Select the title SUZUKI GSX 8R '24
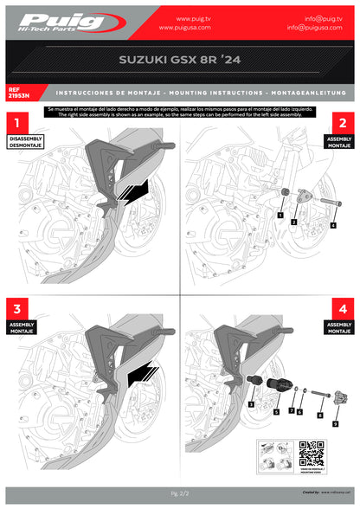click(180, 62)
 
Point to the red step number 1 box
click(18, 124)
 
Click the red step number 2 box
click(342, 124)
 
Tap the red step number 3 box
click(18, 309)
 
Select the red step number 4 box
click(342, 309)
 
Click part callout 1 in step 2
click(280, 212)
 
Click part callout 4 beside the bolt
click(333, 225)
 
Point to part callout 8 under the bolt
click(319, 416)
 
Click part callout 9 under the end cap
click(335, 424)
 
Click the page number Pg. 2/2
click(180, 493)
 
